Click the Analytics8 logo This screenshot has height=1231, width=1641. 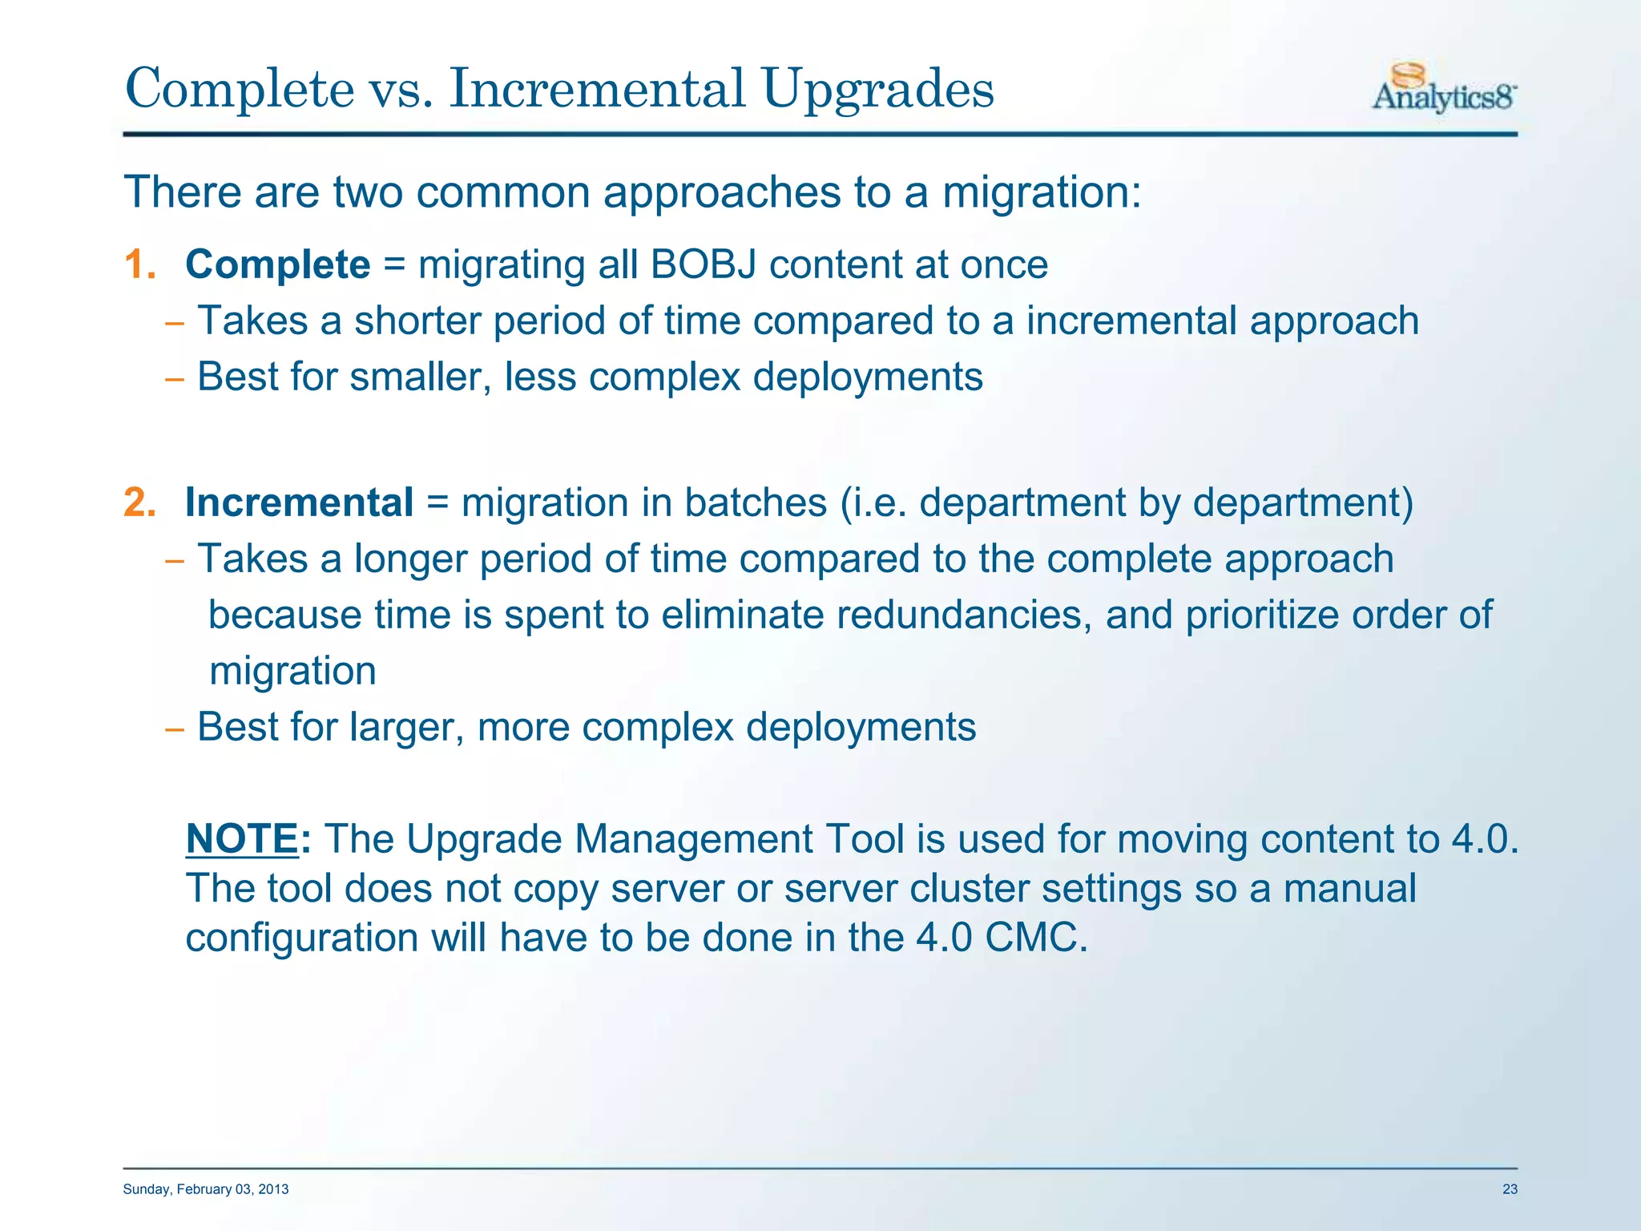pyautogui.click(x=1444, y=90)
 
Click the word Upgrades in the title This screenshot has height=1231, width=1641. pyautogui.click(x=878, y=90)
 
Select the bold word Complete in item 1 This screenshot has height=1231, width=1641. pyautogui.click(x=277, y=265)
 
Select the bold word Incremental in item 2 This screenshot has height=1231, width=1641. pyautogui.click(x=299, y=503)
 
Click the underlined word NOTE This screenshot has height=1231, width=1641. pyautogui.click(x=241, y=840)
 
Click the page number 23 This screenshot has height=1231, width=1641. pyautogui.click(x=1510, y=1189)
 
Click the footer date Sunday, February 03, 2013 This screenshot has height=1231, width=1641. pyautogui.click(x=206, y=1189)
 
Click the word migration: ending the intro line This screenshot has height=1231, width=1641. pyautogui.click(x=1041, y=193)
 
